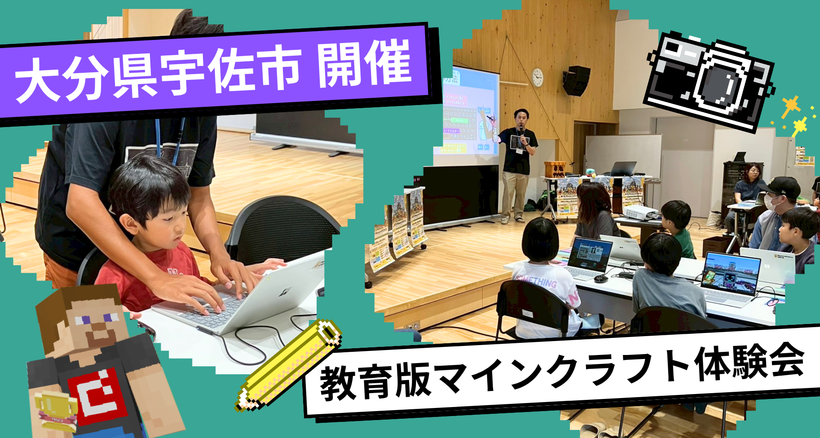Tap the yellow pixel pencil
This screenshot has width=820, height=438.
coord(287,366)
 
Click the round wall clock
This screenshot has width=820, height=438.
coord(537,77)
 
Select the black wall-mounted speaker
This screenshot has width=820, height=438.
coord(577,81)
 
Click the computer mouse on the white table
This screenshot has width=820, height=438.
coord(601,279)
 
